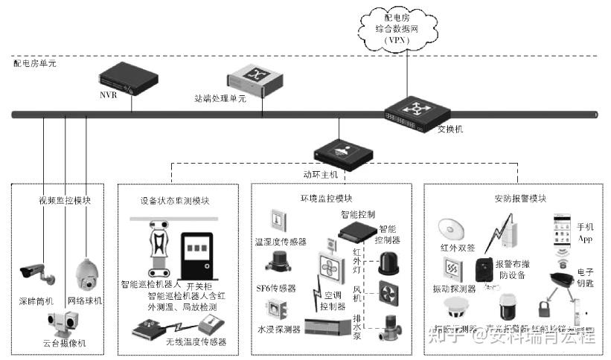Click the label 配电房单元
point(35,64)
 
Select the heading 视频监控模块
point(65,200)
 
